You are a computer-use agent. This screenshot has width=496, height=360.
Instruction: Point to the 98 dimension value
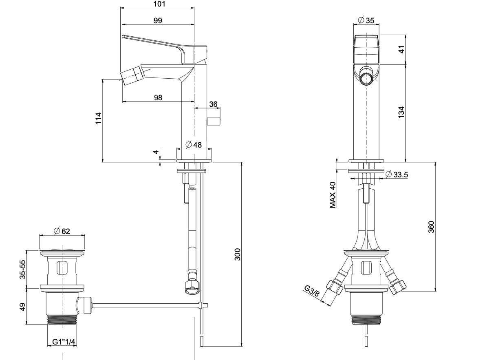tap(159, 97)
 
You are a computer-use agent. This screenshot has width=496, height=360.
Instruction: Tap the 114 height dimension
tap(98, 119)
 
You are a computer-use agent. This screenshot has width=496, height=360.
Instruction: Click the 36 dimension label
tap(213, 104)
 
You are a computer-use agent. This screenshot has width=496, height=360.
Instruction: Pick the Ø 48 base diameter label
tap(194, 144)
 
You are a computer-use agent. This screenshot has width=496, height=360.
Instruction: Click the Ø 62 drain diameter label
tap(62, 231)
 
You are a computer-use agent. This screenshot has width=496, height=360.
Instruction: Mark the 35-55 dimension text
tap(23, 269)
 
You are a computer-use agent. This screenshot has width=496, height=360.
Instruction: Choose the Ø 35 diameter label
tap(366, 20)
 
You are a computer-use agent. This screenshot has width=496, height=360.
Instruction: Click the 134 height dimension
tap(401, 112)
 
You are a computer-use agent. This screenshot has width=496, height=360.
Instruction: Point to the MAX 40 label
tap(333, 195)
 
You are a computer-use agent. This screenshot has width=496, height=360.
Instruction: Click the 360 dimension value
tap(431, 226)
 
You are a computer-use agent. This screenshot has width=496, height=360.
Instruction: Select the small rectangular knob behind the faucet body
tap(214, 121)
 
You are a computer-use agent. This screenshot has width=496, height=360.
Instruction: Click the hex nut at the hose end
tap(191, 286)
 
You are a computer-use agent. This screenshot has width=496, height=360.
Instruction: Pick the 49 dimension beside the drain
tap(23, 306)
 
